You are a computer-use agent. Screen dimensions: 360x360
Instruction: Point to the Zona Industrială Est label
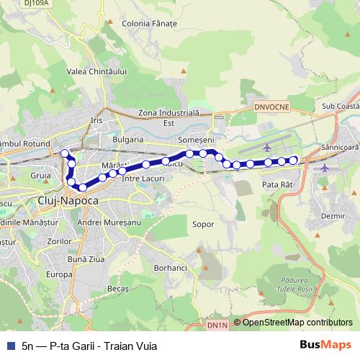click(x=168, y=117)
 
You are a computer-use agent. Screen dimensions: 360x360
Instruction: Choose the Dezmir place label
click(x=331, y=215)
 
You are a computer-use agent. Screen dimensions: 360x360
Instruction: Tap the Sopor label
click(x=203, y=224)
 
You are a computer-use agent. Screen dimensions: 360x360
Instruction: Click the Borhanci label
click(x=170, y=268)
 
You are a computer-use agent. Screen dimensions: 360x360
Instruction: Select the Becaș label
click(x=117, y=288)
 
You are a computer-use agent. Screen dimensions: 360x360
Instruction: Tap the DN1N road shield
click(x=216, y=325)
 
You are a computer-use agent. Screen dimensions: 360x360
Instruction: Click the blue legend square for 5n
click(x=9, y=346)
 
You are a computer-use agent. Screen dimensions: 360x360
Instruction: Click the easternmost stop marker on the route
click(x=293, y=160)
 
